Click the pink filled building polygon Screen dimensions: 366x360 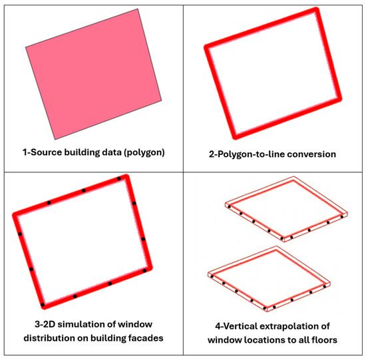tap(93, 75)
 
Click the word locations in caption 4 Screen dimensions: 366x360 tap(264, 339)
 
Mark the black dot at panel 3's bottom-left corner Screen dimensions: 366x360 tap(43, 305)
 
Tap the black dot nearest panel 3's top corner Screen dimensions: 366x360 tap(119, 178)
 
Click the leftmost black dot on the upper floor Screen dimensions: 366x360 tap(229, 206)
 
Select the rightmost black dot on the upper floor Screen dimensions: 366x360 tap(342, 217)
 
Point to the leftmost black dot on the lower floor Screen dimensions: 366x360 tap(212, 276)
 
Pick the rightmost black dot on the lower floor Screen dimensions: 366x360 tap(325, 286)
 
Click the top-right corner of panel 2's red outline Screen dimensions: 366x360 tap(316, 9)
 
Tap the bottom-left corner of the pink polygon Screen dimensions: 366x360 tap(55, 139)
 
